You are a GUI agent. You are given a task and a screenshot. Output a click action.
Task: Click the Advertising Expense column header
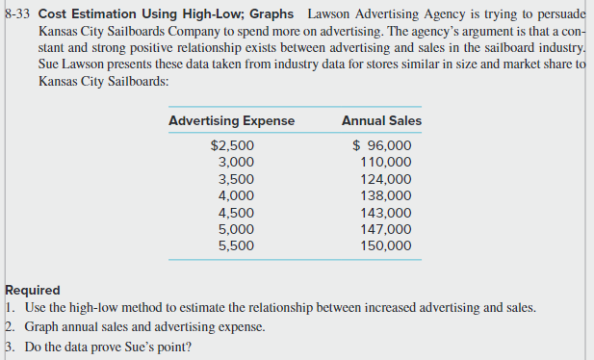coord(231,120)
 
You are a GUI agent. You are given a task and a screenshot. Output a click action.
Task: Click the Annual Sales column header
coord(381,120)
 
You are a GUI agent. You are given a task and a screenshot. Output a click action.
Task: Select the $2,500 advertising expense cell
coord(232,146)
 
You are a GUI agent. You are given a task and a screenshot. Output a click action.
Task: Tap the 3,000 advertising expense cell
coord(237,163)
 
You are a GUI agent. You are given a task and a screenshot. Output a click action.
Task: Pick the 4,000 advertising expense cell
coord(237,195)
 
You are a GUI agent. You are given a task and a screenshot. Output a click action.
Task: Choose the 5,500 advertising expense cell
coord(237,245)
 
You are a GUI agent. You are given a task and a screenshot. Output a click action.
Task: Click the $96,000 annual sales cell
coord(382,146)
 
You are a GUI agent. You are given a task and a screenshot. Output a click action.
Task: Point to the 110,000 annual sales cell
coord(385,163)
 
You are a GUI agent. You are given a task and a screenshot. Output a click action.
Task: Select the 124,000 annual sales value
coord(385,179)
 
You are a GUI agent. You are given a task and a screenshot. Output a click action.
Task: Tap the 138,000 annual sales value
coord(385,195)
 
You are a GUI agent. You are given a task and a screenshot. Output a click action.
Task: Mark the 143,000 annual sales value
coord(385,213)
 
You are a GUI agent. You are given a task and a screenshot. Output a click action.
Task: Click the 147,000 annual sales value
coord(385,229)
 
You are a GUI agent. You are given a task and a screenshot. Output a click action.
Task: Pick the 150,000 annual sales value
coord(385,245)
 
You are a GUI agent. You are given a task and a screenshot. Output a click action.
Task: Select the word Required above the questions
coord(33,290)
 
